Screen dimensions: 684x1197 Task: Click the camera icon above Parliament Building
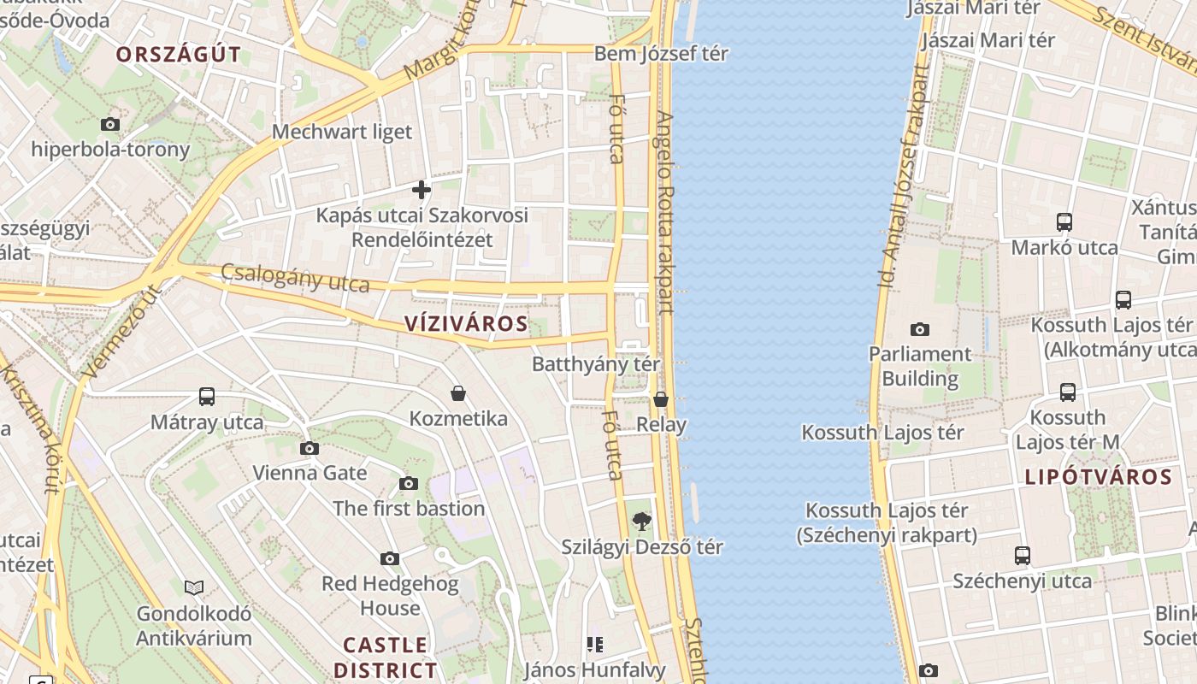[x=920, y=329]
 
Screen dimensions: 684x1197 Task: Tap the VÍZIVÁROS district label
[x=466, y=324]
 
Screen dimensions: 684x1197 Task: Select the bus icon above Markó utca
[x=1064, y=222]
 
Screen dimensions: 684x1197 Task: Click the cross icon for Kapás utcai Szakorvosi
[x=422, y=189]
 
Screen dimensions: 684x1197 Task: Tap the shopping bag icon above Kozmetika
[x=458, y=393]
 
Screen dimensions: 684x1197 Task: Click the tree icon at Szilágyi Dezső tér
[x=640, y=521]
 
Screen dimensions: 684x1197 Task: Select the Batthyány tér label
[x=596, y=364]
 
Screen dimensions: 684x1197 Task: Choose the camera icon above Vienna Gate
[x=310, y=448]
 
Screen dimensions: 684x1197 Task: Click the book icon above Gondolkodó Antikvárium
[x=194, y=587]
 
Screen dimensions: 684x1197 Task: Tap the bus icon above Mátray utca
[x=207, y=397]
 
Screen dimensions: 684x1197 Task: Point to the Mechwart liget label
[x=342, y=132]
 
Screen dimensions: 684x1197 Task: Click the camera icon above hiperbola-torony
[x=110, y=124]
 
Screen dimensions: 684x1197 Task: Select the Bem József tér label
[x=661, y=54]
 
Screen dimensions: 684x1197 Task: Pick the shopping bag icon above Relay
[x=661, y=399]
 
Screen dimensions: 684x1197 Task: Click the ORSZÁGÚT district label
[x=179, y=56]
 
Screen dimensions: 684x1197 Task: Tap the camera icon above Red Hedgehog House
[x=390, y=559]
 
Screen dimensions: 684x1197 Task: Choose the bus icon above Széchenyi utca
[x=1023, y=556]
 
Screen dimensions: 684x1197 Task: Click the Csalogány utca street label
[x=295, y=278]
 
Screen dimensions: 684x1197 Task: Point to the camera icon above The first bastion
[x=409, y=484]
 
